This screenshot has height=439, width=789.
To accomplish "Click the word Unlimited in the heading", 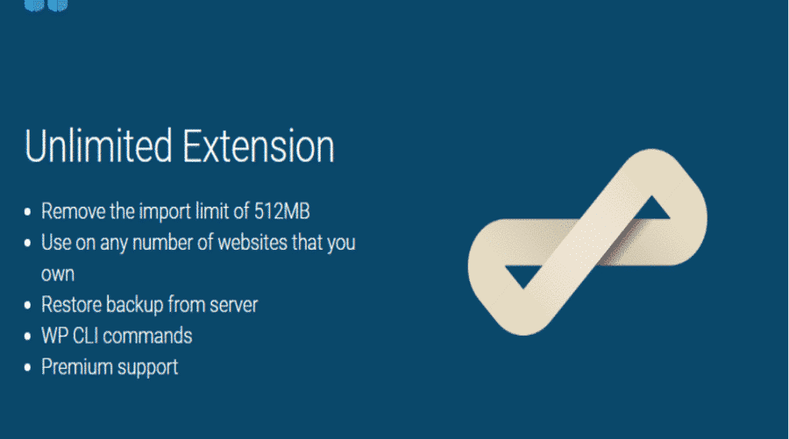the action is (x=98, y=145).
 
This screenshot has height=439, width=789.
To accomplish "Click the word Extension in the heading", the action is (x=258, y=145).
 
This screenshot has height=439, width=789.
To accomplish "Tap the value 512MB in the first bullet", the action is (x=281, y=211).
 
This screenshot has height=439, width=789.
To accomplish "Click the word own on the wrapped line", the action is (x=58, y=274).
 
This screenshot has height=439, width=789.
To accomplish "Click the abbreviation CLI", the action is (x=85, y=336).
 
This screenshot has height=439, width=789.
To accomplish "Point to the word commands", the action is (x=147, y=336).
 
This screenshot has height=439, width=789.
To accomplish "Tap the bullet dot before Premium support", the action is (x=28, y=368).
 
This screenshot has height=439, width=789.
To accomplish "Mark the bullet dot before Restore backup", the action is (x=28, y=305).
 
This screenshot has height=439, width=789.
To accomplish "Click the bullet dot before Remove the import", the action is (x=28, y=212).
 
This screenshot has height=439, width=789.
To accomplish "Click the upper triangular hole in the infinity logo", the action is (x=651, y=210).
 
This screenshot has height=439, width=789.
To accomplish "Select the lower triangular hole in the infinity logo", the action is (x=523, y=274).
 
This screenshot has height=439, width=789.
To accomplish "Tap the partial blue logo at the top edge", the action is (x=46, y=5).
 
